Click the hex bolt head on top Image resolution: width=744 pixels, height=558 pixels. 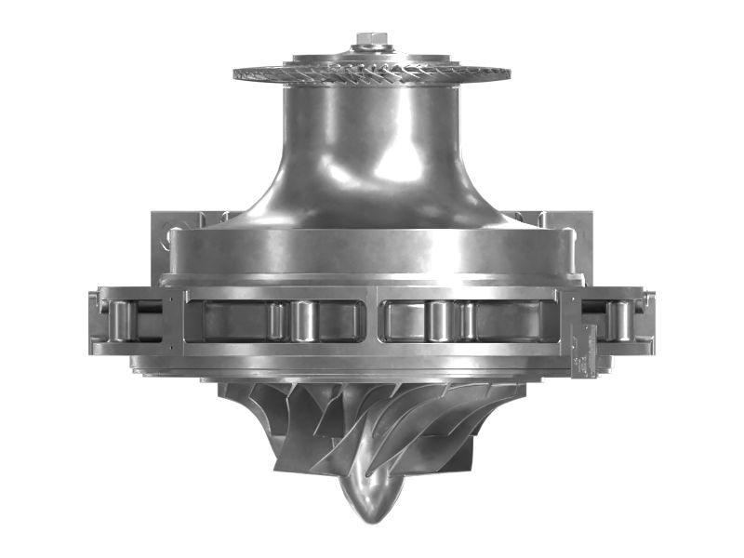pos(371,40)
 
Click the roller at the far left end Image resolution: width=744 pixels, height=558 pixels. pos(120,321)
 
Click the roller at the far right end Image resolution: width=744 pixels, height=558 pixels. pos(618,321)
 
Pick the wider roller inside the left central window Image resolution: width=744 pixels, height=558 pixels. pos(304,321)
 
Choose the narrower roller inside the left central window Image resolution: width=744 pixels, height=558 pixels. pos(276,321)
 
